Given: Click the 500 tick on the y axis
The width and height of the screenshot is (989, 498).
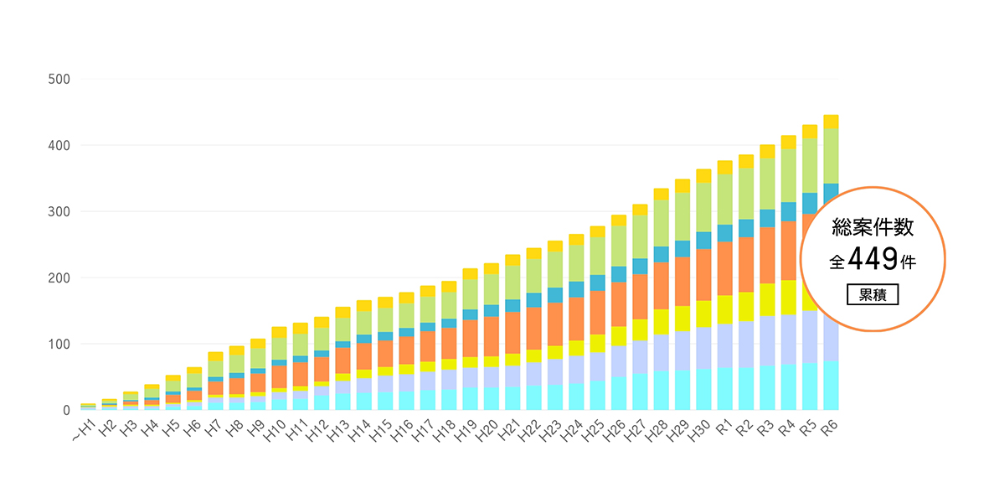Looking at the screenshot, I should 58,80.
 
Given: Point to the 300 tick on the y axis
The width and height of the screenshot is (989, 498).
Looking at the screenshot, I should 58,211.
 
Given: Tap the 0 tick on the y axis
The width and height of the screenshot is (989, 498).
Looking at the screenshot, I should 65,410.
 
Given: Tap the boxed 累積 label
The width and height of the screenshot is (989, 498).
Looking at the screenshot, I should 873,295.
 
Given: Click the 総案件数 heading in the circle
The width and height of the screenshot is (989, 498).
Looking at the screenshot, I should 873,226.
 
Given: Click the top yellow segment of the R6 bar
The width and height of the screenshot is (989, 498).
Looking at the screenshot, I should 831,122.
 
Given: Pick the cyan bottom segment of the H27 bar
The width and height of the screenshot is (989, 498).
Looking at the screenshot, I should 640,392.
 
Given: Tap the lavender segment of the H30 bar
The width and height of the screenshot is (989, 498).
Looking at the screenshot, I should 703,348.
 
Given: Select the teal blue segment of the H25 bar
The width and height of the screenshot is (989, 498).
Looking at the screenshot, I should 597,283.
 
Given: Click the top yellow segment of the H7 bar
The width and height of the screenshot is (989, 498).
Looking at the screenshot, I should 215,356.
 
